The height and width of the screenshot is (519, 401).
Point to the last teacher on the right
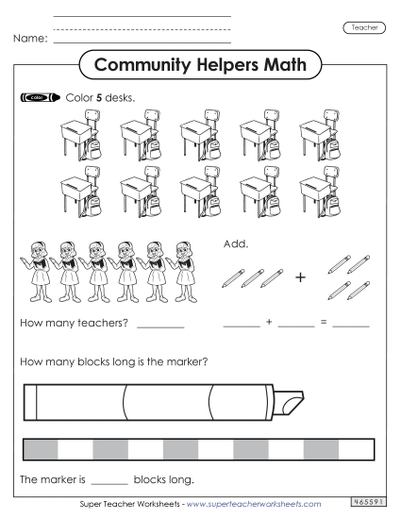(181, 267)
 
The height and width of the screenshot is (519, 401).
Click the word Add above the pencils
(234, 243)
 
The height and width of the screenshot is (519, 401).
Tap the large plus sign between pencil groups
(301, 277)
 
